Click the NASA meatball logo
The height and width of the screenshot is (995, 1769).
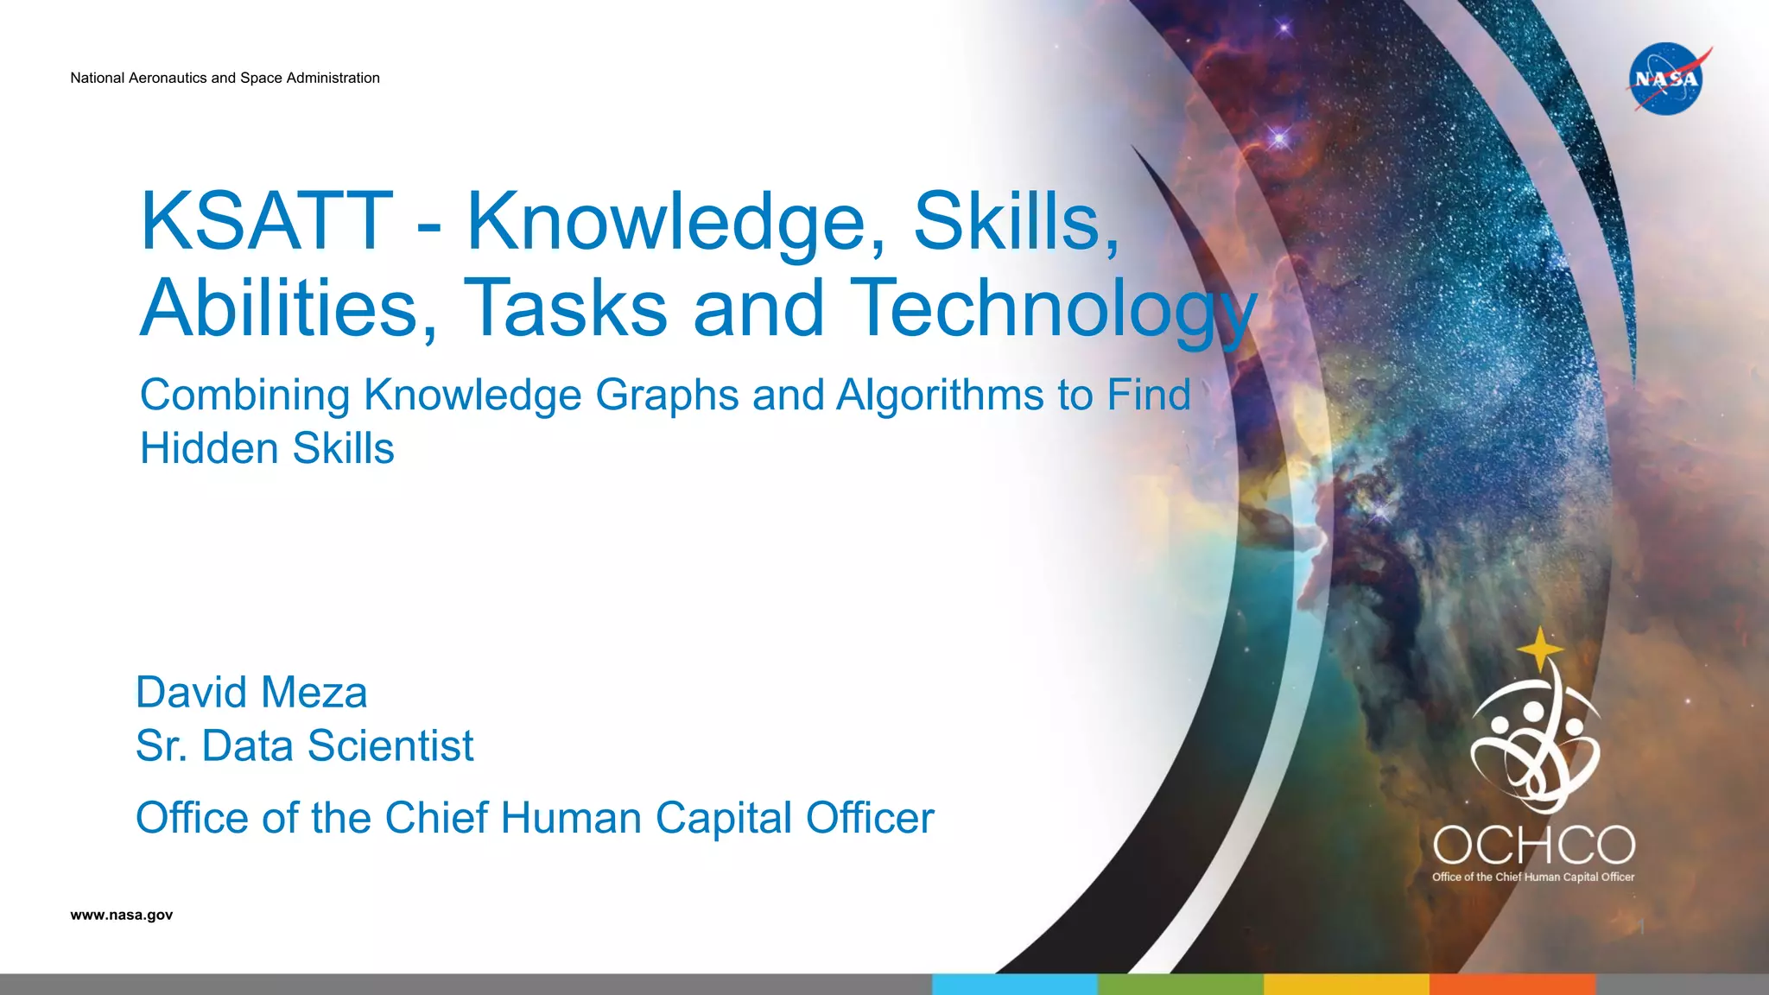1666,79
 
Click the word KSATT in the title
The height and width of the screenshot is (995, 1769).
267,221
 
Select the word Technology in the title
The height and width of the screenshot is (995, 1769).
1053,308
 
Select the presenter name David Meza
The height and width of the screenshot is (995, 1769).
251,693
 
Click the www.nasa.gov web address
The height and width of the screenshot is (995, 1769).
122,915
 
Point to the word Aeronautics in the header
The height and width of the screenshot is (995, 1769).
168,78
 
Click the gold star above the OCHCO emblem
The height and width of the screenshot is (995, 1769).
1539,649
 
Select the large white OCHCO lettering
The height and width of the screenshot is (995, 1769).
1534,845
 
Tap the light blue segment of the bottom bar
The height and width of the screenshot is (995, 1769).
1014,985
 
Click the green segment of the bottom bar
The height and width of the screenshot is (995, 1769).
1180,985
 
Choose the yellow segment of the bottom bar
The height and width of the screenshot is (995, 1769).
1346,985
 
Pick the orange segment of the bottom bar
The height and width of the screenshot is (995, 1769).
1512,985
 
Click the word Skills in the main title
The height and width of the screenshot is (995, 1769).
1016,221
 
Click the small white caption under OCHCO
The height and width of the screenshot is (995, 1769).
1533,877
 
